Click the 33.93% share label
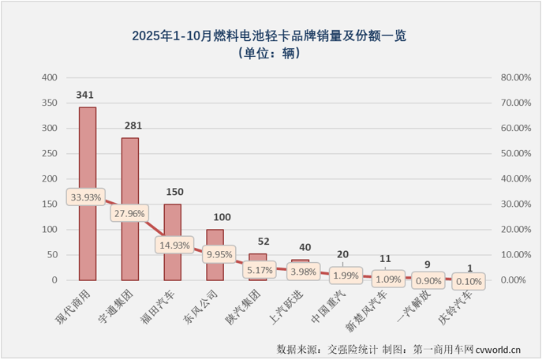(x=86, y=197)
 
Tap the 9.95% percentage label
(x=217, y=256)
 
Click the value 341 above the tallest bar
(x=86, y=96)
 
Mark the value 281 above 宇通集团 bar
(x=130, y=126)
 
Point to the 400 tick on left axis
(x=49, y=78)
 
